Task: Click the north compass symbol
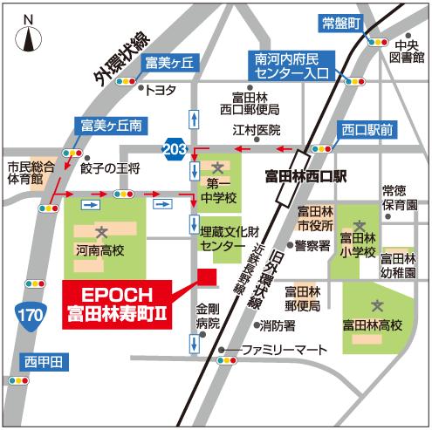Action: point(29,36)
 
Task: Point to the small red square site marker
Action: point(207,276)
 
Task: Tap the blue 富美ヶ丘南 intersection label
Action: point(110,125)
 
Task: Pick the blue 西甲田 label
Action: point(44,361)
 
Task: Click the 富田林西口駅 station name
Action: point(305,176)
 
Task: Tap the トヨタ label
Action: point(161,89)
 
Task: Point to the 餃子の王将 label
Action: point(110,167)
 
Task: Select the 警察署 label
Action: point(312,246)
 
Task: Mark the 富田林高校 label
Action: point(373,326)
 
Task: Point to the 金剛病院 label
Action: point(207,315)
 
